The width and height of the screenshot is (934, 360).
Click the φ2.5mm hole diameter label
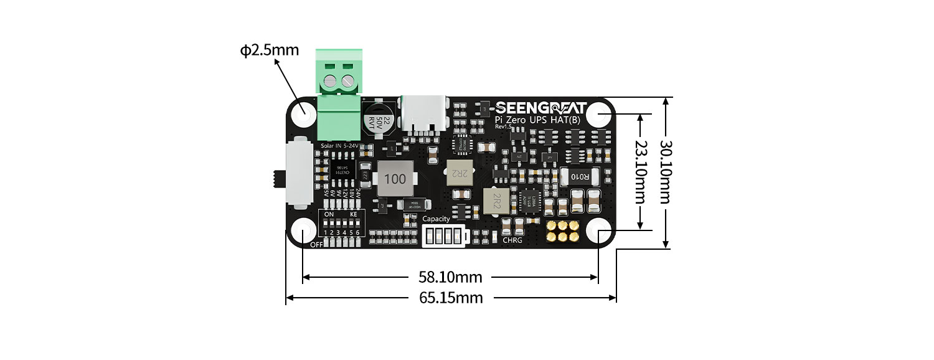tap(269, 50)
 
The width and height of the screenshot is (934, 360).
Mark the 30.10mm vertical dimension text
tap(667, 171)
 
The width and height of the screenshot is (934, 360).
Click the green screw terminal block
tap(339, 97)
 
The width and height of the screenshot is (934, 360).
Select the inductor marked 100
tap(395, 179)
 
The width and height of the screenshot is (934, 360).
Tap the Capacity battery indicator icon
tap(442, 236)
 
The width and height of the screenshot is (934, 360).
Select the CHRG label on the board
tap(512, 240)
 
